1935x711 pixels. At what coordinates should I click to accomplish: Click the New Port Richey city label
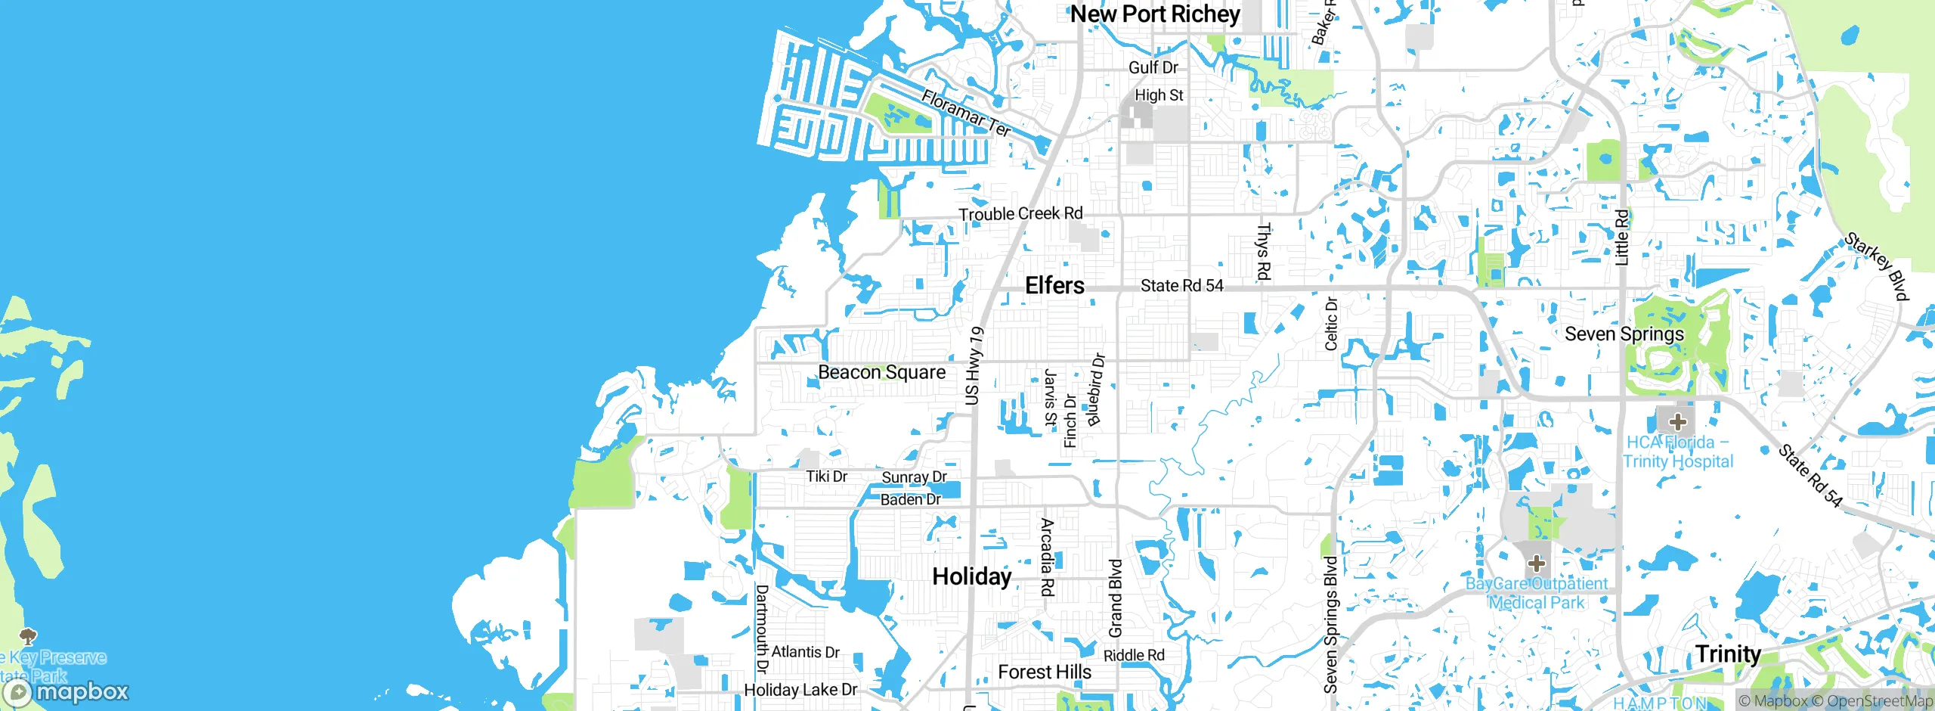(1155, 14)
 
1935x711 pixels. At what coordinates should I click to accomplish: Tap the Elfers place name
(1054, 285)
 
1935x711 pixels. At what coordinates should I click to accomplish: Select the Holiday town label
(971, 576)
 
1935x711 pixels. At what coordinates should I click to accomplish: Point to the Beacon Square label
(881, 372)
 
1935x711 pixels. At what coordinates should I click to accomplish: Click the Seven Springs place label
(1624, 334)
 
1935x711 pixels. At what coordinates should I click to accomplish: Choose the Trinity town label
(1728, 654)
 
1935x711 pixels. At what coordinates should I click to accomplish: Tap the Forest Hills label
(1045, 672)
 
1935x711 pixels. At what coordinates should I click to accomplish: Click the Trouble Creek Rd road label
(1020, 214)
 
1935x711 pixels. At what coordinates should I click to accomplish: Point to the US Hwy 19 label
(974, 365)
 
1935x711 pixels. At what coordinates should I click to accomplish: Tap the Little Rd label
(1621, 238)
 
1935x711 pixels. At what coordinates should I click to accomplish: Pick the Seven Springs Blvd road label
(1331, 625)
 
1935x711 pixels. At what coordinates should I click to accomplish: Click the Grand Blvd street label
(1116, 598)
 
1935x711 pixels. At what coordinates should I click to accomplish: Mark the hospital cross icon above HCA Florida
(1677, 421)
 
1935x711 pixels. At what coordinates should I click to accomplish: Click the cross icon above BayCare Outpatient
(1536, 564)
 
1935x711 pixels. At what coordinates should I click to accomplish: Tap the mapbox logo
(67, 691)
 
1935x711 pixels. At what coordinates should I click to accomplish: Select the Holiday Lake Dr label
(800, 690)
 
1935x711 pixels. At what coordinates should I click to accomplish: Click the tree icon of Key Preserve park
(28, 636)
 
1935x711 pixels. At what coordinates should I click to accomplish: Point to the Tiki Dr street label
(826, 477)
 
